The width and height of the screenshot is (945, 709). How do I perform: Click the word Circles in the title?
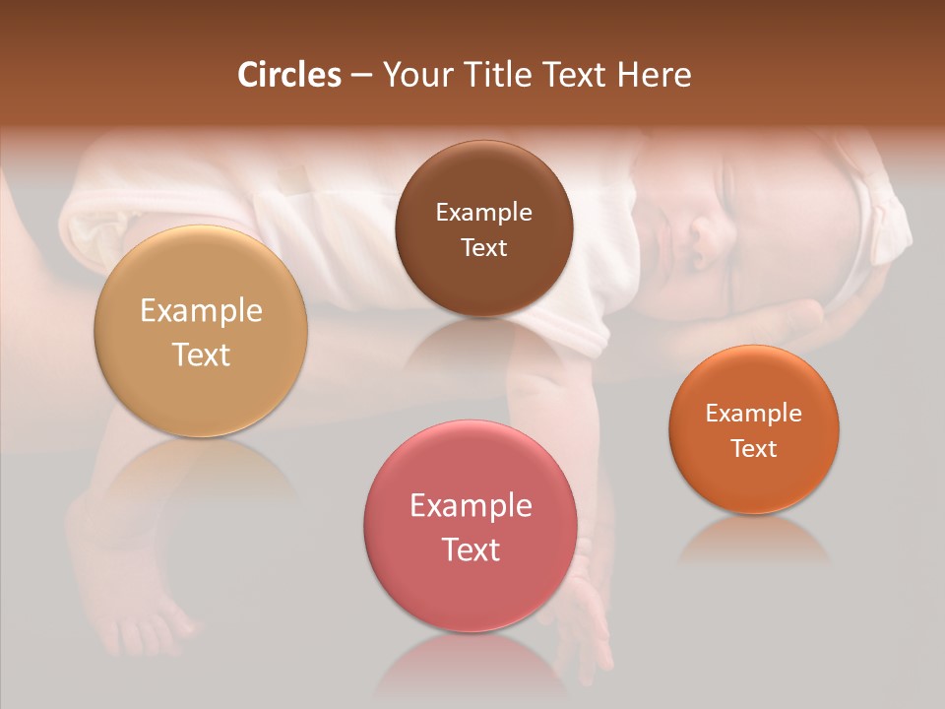pyautogui.click(x=288, y=75)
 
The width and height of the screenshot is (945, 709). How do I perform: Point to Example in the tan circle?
pyautogui.click(x=201, y=311)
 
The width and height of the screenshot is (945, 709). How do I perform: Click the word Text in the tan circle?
pyautogui.click(x=201, y=354)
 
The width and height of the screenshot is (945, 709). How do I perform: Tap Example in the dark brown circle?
pyautogui.click(x=483, y=213)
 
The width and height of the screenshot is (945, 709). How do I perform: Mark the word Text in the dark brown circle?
pyautogui.click(x=483, y=248)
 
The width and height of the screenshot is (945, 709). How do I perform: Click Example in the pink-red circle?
pyautogui.click(x=471, y=506)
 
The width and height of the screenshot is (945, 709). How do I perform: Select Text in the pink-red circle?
pyautogui.click(x=471, y=549)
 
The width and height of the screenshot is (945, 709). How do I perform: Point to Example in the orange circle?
pyautogui.click(x=754, y=414)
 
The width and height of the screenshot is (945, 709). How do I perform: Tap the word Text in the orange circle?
pyautogui.click(x=754, y=449)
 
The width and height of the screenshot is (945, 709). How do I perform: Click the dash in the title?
pyautogui.click(x=361, y=76)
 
